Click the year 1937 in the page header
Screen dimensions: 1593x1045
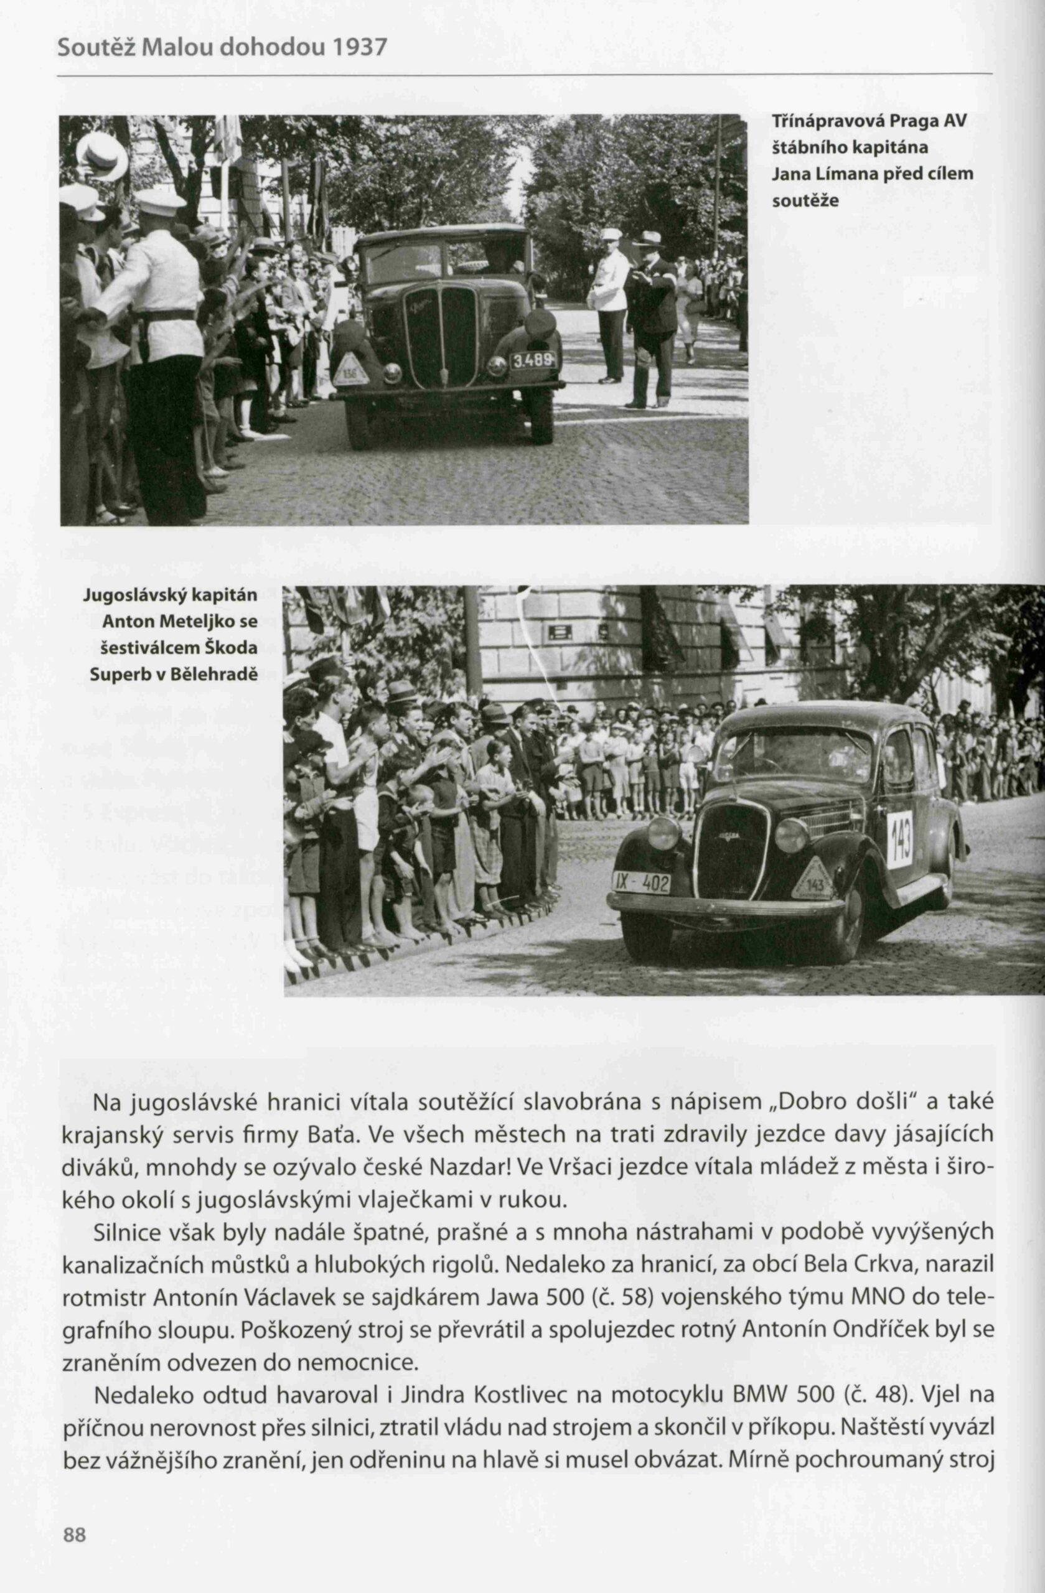pyautogui.click(x=360, y=47)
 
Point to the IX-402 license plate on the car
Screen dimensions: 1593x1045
pyautogui.click(x=642, y=884)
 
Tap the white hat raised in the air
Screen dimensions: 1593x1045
pyautogui.click(x=101, y=156)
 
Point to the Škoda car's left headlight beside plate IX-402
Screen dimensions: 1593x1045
pyautogui.click(x=663, y=833)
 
